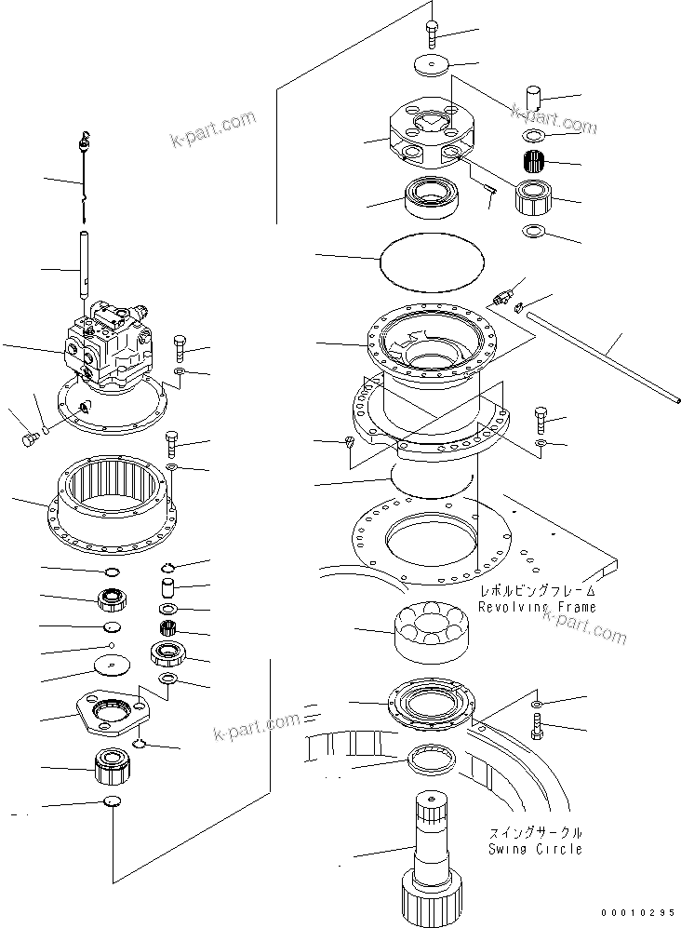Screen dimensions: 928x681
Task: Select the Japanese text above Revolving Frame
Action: coord(537,591)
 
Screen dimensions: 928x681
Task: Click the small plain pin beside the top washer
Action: coord(533,99)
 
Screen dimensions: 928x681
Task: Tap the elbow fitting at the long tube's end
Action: coord(507,297)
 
